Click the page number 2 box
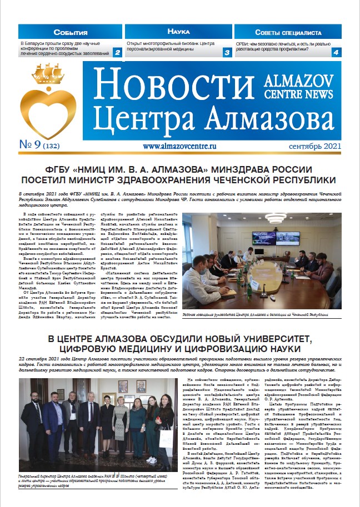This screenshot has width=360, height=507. point(117,53)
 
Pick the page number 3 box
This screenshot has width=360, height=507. point(227,53)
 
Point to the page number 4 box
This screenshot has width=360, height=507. point(336,53)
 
